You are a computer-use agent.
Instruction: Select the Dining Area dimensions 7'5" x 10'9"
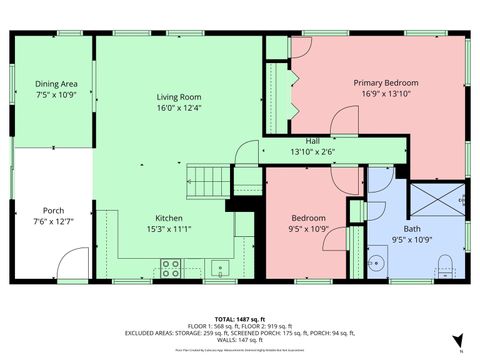click(56, 94)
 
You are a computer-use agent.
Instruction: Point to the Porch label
click(54, 209)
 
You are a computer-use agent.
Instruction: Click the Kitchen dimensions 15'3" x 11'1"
click(168, 228)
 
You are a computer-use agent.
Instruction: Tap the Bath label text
click(398, 229)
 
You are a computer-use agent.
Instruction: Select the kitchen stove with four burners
click(170, 268)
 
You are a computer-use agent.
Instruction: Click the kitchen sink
click(217, 268)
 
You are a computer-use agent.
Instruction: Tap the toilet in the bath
click(446, 265)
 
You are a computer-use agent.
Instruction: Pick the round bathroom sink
click(378, 264)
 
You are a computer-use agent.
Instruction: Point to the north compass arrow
click(457, 339)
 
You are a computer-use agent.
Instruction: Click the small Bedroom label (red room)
click(308, 218)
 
